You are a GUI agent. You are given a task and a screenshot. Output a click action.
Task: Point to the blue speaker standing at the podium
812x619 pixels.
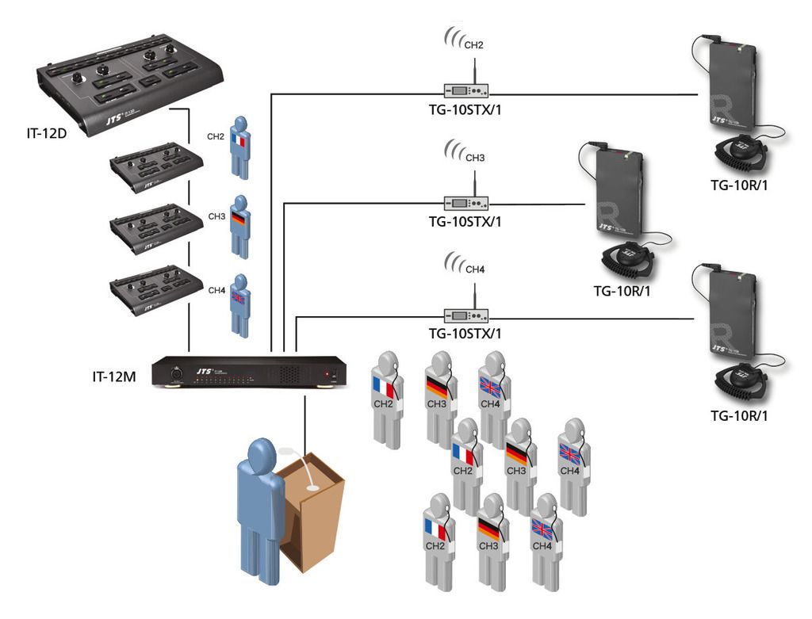(259, 499)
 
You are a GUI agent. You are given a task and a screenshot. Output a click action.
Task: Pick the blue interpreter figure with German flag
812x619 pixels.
(241, 227)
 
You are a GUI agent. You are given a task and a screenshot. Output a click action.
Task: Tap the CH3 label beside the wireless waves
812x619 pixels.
(475, 159)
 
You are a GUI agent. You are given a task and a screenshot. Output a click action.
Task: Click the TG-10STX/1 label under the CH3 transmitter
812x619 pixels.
(465, 222)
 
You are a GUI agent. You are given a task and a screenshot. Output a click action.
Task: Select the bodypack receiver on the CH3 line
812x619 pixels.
(619, 189)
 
